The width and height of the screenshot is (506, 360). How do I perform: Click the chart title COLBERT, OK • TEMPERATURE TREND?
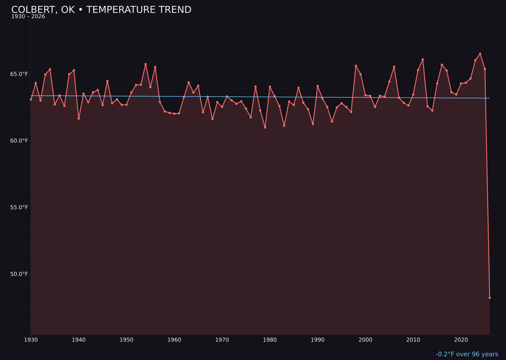101,10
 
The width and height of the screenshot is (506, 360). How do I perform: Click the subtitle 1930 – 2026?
28,17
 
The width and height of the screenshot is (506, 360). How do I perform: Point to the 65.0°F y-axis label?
19,74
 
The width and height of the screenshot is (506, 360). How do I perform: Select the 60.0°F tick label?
19,141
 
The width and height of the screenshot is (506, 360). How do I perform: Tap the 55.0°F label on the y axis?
19,207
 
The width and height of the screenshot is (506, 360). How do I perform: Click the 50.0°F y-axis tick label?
19,274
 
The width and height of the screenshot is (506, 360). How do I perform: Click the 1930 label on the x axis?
31,340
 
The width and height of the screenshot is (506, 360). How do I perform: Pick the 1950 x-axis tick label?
126,340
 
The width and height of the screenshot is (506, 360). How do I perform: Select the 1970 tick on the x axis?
222,340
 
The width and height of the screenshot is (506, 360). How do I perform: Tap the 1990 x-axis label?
318,340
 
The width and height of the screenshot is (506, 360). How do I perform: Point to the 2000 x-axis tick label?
365,340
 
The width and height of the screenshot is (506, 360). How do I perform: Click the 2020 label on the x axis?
461,340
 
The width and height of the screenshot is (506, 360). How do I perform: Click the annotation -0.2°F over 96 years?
467,354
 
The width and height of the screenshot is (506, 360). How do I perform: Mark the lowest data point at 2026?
490,298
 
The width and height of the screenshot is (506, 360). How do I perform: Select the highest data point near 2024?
480,54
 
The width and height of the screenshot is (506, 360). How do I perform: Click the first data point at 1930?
31,99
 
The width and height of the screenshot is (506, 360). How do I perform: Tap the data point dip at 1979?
265,127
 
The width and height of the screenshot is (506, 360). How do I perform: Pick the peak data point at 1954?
145,64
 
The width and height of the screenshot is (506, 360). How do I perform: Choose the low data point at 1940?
79,119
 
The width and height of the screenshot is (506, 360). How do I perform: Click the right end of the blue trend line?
490,98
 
